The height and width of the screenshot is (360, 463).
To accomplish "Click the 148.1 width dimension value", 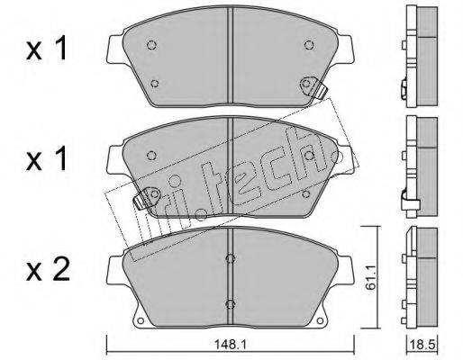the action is click(x=230, y=345).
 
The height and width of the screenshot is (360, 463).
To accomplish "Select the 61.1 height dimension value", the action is click(x=370, y=278).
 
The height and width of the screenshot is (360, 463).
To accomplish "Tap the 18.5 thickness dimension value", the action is click(x=423, y=345).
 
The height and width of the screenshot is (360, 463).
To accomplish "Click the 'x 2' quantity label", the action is click(x=48, y=268).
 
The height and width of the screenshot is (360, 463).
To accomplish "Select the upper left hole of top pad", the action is click(x=151, y=45).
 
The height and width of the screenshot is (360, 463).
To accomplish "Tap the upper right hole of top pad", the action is click(x=309, y=45).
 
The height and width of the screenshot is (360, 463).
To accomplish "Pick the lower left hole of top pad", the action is click(x=154, y=83).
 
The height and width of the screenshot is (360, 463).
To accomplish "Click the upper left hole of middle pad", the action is click(x=151, y=156).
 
